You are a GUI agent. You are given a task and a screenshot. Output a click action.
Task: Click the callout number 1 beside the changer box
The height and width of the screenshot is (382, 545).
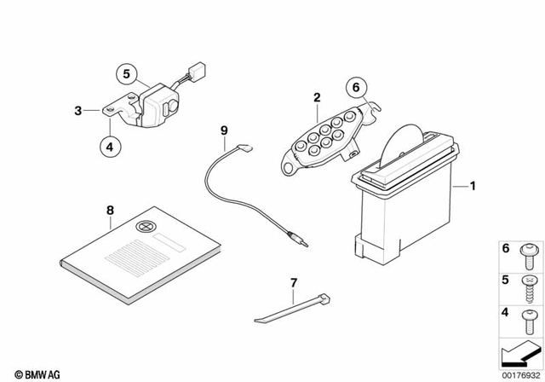[473, 185]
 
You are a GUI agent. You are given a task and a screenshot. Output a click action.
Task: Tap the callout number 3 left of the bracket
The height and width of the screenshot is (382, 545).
[77, 110]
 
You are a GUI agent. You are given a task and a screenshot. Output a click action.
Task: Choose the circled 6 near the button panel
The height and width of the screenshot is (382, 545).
[357, 86]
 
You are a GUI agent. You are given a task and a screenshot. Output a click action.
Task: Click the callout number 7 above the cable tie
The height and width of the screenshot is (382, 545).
[293, 282]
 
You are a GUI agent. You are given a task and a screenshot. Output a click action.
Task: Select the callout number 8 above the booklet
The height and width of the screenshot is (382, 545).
[109, 209]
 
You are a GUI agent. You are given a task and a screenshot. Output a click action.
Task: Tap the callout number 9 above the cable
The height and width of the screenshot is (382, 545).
[224, 130]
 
